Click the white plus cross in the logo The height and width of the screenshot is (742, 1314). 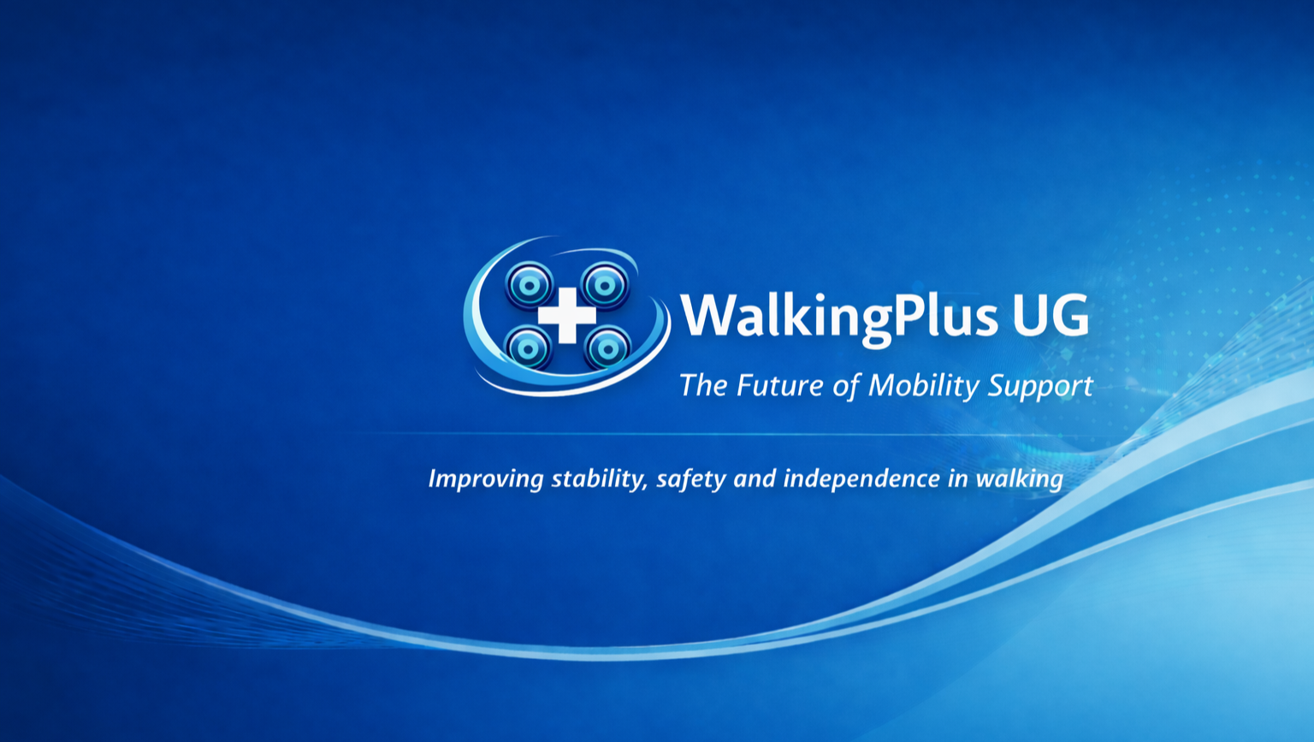(566, 315)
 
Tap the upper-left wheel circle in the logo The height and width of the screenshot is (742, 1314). (530, 285)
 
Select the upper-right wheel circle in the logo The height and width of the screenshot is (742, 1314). (605, 286)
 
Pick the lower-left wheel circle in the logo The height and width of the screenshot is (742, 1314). (528, 347)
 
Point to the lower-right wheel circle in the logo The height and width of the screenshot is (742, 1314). (607, 348)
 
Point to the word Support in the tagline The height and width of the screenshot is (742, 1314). (1040, 388)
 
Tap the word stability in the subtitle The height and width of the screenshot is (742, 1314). (600, 479)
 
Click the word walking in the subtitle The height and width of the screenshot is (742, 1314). (1020, 479)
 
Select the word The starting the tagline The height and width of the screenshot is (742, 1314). (703, 386)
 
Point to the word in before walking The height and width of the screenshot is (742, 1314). (958, 479)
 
